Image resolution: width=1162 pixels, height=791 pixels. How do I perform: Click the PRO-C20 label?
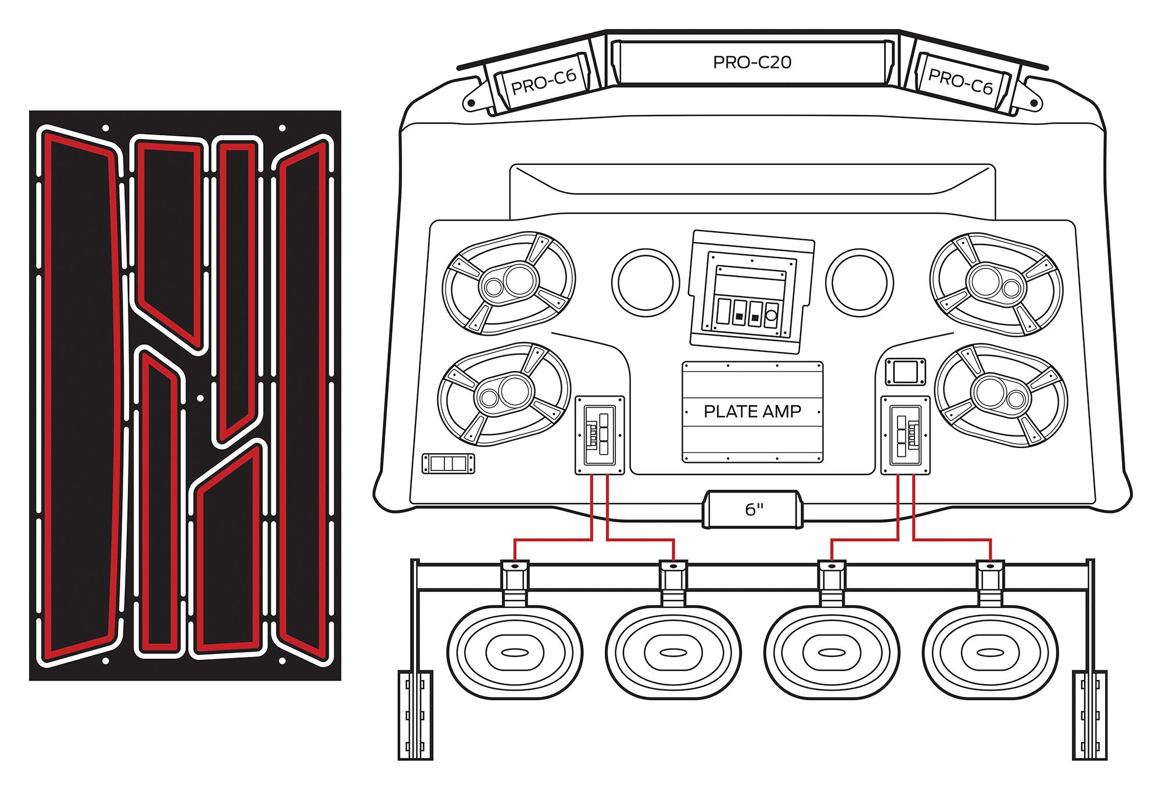[752, 62]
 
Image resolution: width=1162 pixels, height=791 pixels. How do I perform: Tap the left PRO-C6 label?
[543, 82]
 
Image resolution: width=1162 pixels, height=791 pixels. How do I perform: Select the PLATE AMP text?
[752, 411]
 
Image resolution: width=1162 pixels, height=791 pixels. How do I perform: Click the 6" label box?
[754, 509]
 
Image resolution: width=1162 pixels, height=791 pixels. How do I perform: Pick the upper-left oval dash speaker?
[508, 283]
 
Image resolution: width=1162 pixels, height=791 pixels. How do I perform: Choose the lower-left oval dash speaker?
[504, 394]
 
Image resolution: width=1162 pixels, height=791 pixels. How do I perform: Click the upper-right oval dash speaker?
[996, 285]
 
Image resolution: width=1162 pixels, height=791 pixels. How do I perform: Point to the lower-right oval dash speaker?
[1001, 395]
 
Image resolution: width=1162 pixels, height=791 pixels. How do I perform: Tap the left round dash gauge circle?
[645, 283]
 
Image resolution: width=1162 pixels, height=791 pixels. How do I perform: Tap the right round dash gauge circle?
[859, 283]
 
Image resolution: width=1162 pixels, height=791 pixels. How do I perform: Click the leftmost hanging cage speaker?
[515, 652]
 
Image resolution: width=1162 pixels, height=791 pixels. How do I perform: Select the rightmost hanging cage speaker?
[990, 652]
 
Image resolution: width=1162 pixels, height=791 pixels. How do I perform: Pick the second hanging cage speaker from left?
[673, 652]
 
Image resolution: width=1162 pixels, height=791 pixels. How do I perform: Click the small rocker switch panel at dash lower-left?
[448, 463]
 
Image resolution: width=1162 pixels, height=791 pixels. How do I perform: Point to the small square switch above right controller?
[905, 372]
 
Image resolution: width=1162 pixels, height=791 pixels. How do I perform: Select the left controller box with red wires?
[600, 435]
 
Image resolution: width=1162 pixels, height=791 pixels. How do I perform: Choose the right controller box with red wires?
[905, 435]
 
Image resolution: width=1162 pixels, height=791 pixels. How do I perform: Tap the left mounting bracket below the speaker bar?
[415, 715]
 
